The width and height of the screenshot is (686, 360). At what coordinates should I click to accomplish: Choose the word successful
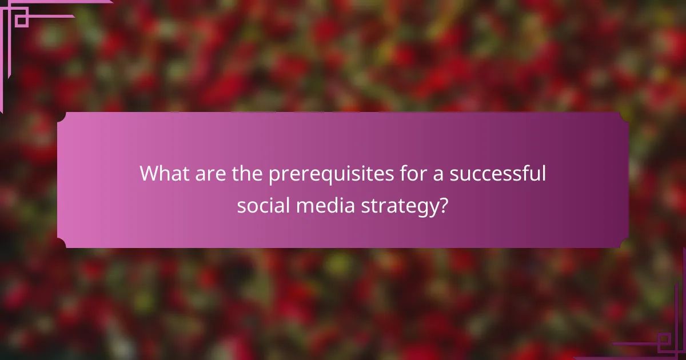pyautogui.click(x=497, y=173)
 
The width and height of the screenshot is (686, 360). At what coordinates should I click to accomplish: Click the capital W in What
pyautogui.click(x=151, y=173)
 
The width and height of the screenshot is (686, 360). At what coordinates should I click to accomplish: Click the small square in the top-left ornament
pyautogui.click(x=21, y=20)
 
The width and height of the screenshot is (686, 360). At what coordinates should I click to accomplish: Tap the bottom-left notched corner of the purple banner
pyautogui.click(x=61, y=245)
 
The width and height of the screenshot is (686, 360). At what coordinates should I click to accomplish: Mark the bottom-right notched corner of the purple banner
pyautogui.click(x=625, y=245)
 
